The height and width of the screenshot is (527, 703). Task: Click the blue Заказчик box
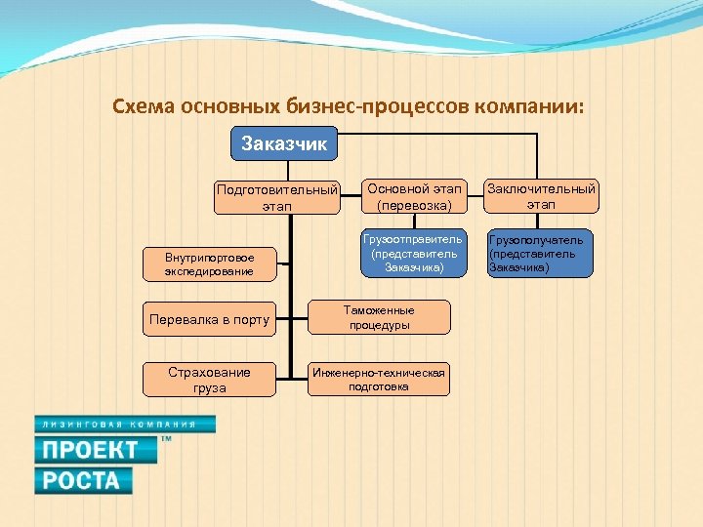click(284, 144)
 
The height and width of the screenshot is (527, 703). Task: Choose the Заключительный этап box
click(541, 196)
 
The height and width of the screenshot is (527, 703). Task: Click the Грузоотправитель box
click(411, 254)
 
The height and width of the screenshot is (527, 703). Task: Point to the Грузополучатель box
click(540, 254)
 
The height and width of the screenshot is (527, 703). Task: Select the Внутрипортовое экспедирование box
click(209, 263)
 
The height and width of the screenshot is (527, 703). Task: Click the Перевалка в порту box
click(209, 319)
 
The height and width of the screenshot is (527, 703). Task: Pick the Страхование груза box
click(209, 380)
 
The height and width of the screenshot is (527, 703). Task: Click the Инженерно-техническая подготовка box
click(379, 379)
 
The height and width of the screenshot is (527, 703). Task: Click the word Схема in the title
click(143, 105)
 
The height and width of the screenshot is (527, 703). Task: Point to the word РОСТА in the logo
click(83, 480)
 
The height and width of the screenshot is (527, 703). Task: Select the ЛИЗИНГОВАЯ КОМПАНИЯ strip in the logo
click(124, 425)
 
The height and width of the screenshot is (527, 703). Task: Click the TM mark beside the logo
click(165, 440)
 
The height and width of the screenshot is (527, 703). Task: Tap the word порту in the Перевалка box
click(249, 319)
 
